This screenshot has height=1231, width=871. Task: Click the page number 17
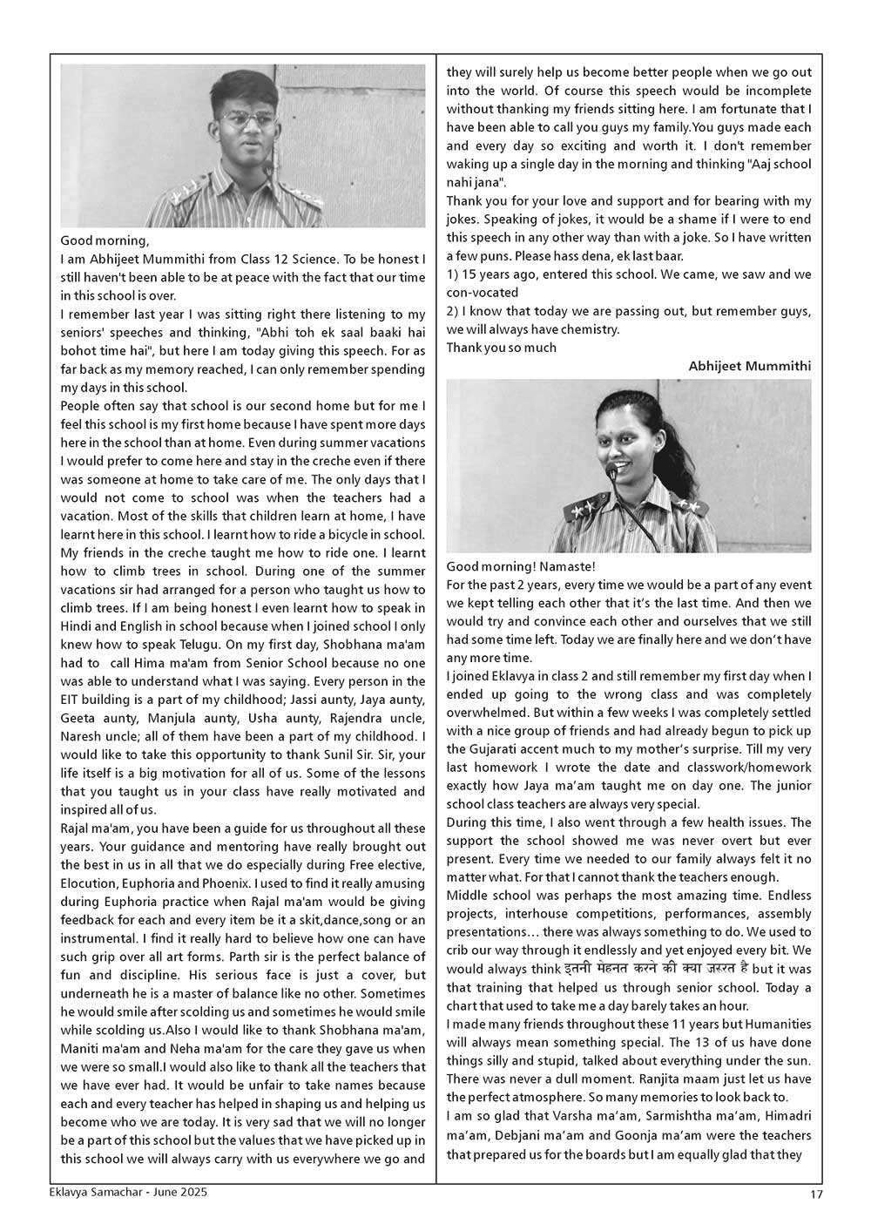815,1194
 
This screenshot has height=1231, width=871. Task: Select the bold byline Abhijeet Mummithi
749,366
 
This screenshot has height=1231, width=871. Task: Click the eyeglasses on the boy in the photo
245,118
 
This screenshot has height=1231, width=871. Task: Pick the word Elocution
92,883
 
